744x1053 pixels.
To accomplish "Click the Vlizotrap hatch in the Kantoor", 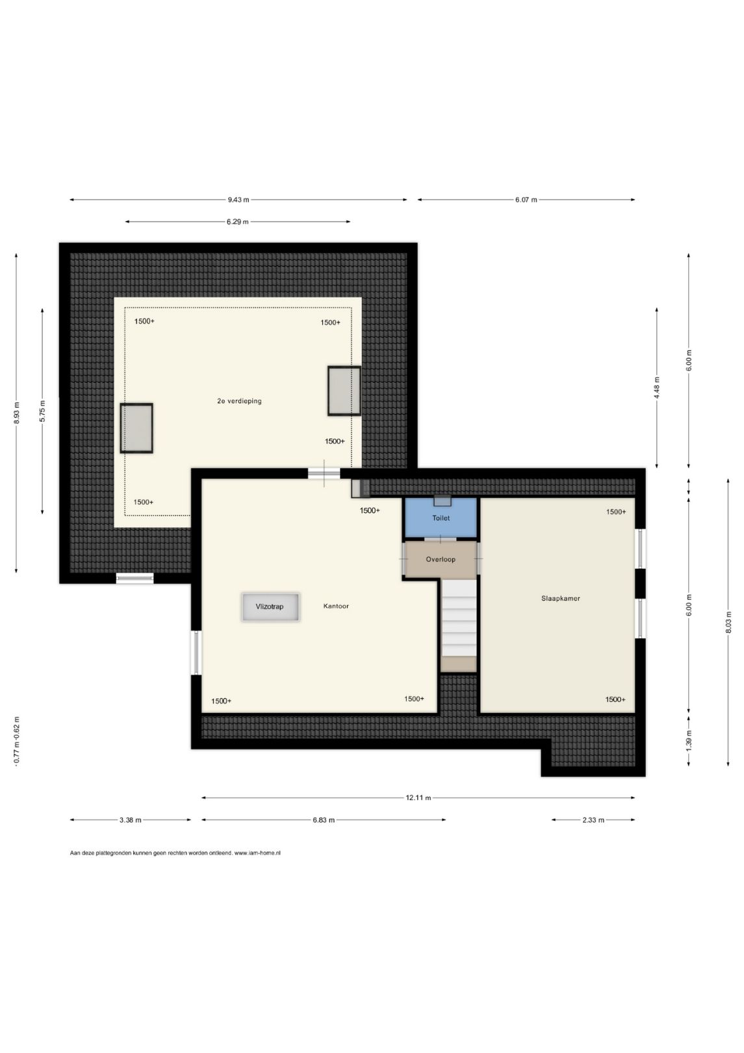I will [x=270, y=606].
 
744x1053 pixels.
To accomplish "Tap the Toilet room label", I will [x=441, y=518].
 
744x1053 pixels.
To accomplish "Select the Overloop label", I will [x=441, y=559].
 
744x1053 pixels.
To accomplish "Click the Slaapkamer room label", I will [x=561, y=598].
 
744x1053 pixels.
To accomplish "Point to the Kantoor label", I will [x=336, y=606].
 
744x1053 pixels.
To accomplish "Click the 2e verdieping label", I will [x=239, y=401].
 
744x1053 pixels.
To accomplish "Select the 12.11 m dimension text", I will [x=418, y=798].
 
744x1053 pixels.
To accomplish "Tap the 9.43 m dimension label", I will [x=238, y=200].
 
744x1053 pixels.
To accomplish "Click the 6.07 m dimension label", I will [x=526, y=200].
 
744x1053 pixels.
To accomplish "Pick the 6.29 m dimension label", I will [x=238, y=222].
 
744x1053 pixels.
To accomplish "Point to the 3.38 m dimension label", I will [x=130, y=820].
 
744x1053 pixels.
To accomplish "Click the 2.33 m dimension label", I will [x=593, y=820].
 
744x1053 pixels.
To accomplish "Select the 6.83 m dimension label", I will [x=324, y=820].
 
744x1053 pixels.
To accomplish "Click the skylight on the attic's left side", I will [x=136, y=428].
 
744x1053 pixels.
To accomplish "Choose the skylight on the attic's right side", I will [x=344, y=391].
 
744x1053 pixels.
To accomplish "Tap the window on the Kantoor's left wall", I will [x=196, y=652].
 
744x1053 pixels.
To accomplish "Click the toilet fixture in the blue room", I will [x=443, y=500].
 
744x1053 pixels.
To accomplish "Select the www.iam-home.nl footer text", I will [x=257, y=853].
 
